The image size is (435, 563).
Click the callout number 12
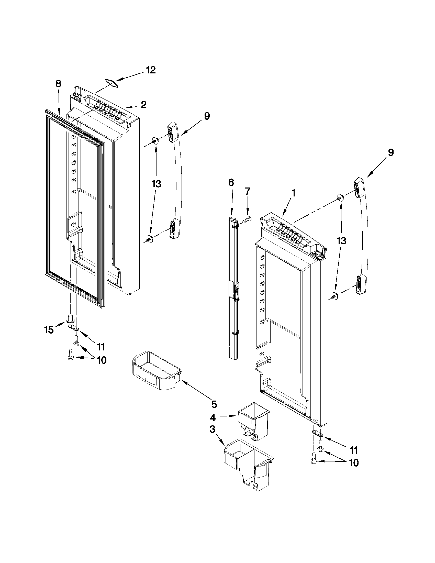click(x=151, y=70)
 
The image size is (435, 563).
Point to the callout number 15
click(x=49, y=330)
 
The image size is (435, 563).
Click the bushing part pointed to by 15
click(x=71, y=319)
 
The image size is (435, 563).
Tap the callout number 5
click(x=214, y=404)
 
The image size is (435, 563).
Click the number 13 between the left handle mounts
click(x=156, y=184)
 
